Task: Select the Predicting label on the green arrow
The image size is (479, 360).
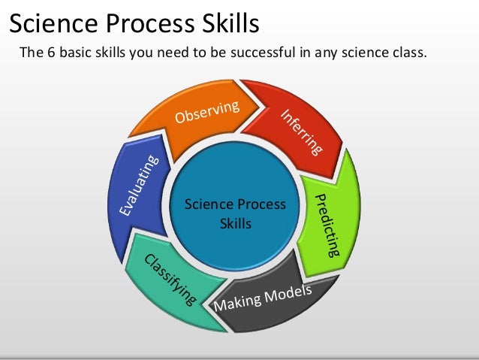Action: click(329, 224)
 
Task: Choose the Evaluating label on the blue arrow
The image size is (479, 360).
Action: click(138, 186)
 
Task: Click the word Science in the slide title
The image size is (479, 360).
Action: click(51, 23)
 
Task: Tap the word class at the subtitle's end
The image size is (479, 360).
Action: click(408, 53)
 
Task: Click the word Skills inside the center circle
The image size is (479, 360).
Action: click(236, 224)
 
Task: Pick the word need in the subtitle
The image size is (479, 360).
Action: click(165, 53)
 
